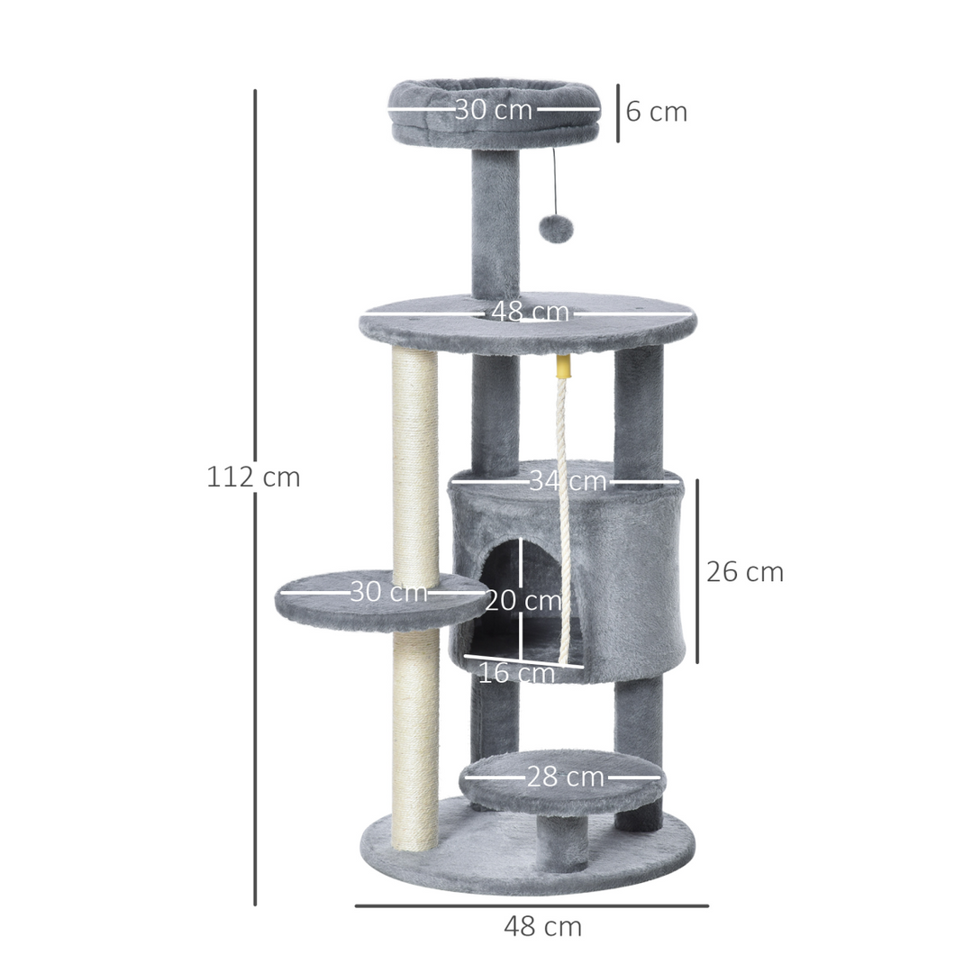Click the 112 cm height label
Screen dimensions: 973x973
tap(253, 477)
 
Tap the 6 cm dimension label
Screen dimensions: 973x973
tap(657, 113)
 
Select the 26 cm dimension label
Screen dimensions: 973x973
tap(745, 572)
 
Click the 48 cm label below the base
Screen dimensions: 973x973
tap(542, 926)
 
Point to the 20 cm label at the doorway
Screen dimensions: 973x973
tap(523, 600)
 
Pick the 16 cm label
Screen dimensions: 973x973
tap(515, 673)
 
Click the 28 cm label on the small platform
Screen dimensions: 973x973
tap(565, 777)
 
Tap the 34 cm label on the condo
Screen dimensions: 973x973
tap(568, 481)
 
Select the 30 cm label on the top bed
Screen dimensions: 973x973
tap(494, 110)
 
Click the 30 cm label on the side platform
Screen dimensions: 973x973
tap(388, 592)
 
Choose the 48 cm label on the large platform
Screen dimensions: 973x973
tap(530, 313)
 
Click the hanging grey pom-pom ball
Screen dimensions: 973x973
tap(556, 229)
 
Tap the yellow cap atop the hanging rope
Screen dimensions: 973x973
tap(564, 366)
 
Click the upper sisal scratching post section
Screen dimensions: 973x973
tap(415, 459)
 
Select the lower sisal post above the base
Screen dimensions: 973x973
tap(415, 739)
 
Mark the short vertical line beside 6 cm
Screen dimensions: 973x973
tap(618, 113)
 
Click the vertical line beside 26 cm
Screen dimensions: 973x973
tap(697, 571)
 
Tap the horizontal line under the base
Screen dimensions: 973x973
tap(532, 905)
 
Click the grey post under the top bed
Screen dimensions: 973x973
tap(495, 221)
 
